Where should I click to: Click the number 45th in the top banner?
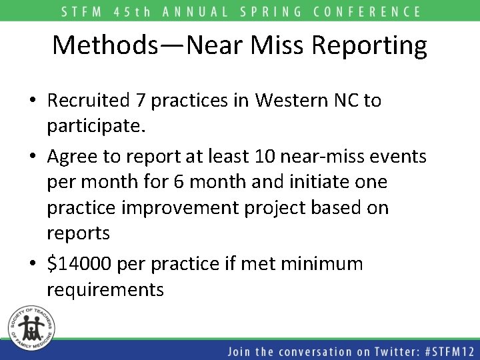click(x=145, y=11)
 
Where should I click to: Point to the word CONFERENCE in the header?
click(x=372, y=11)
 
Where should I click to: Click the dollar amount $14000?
click(x=79, y=264)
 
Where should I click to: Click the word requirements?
click(x=105, y=290)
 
